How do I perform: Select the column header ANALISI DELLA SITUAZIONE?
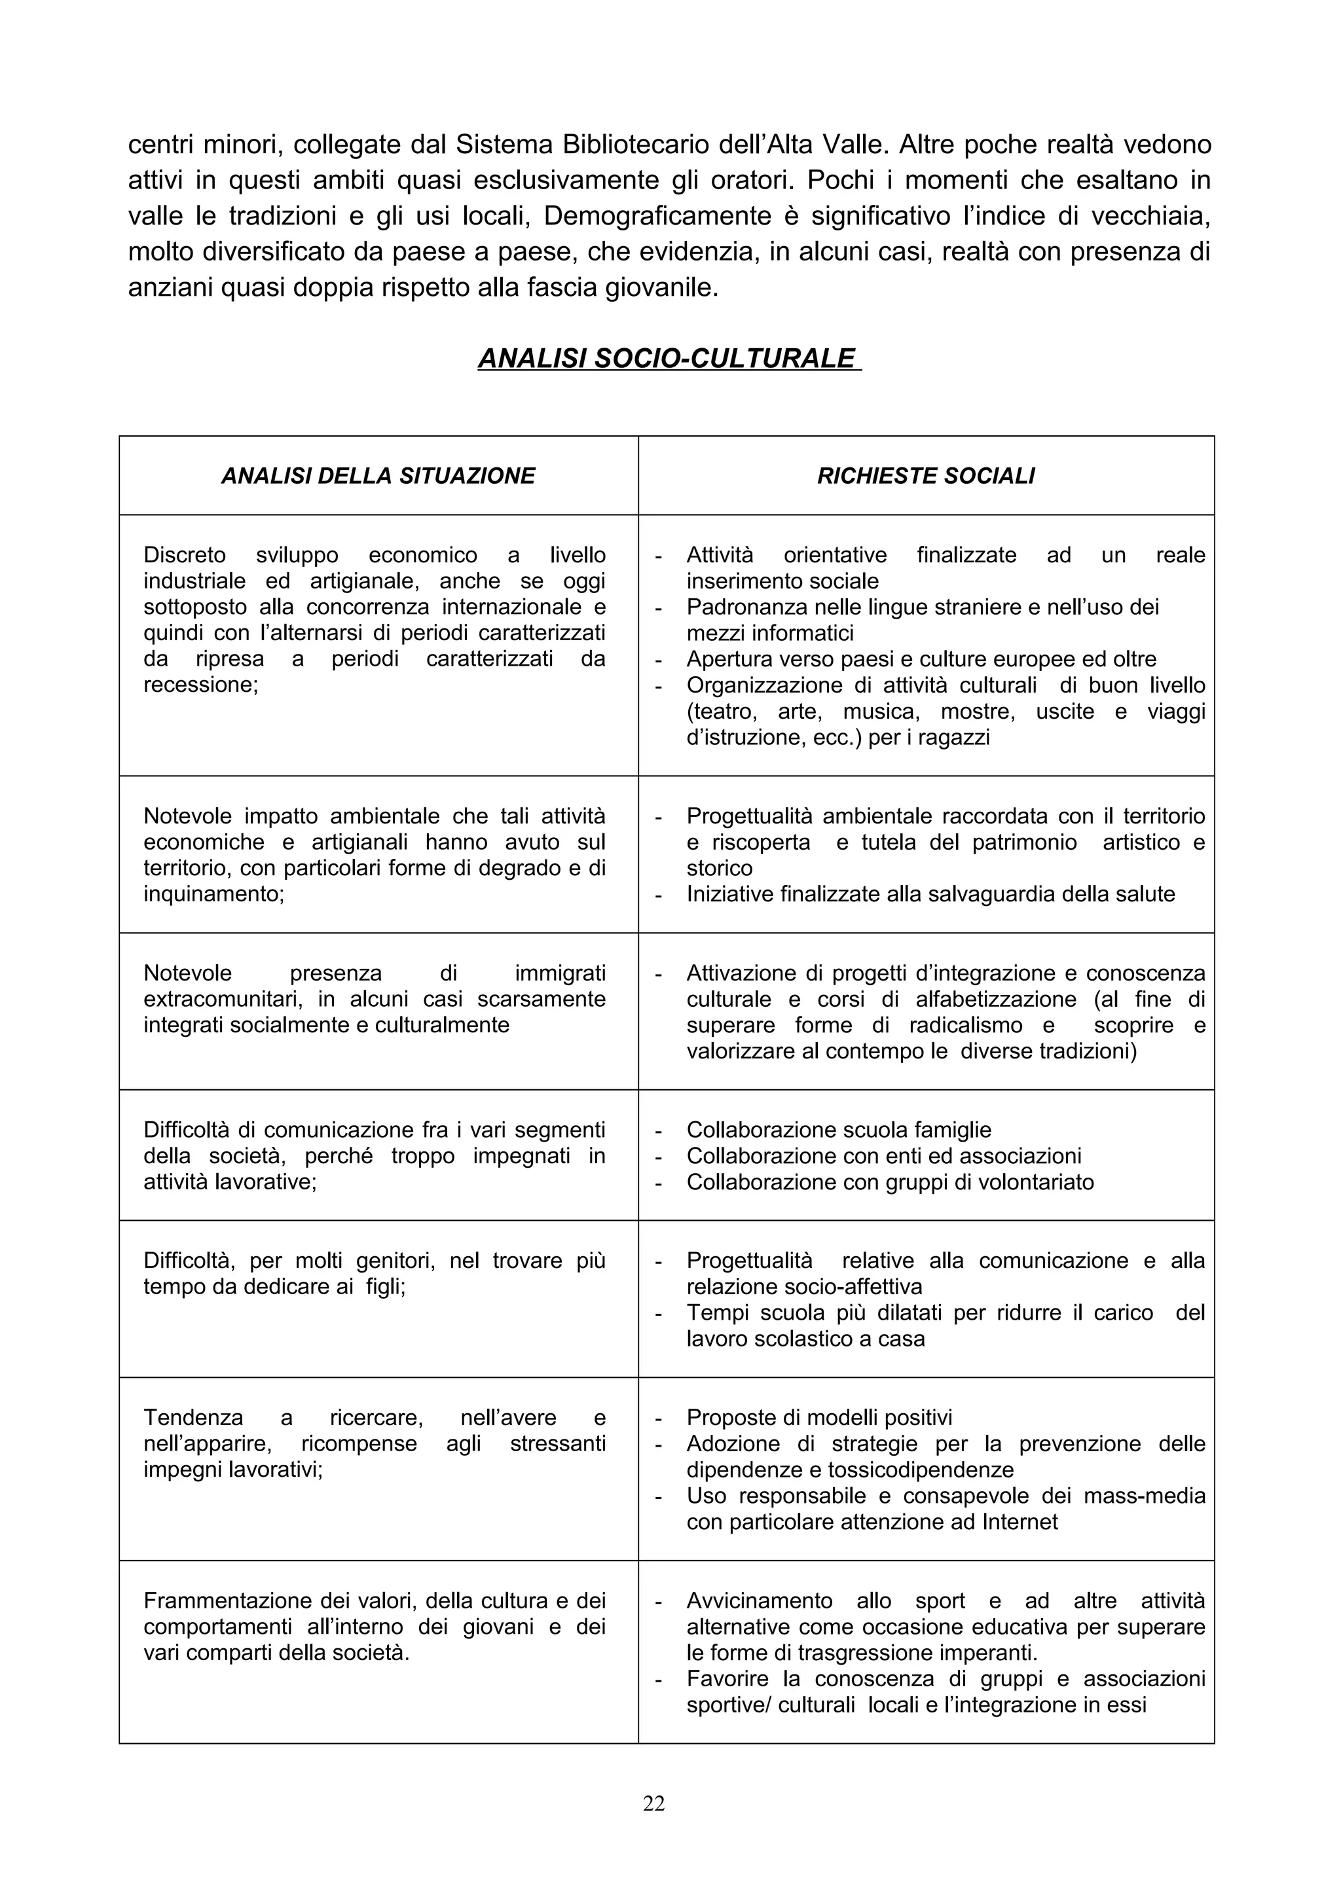(378, 476)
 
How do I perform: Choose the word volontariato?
(1035, 1182)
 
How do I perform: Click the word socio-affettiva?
(853, 1286)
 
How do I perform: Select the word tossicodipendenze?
(921, 1470)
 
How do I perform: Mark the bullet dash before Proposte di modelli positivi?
(659, 1418)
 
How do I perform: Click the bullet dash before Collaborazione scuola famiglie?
(659, 1130)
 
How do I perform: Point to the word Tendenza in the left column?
(193, 1418)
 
